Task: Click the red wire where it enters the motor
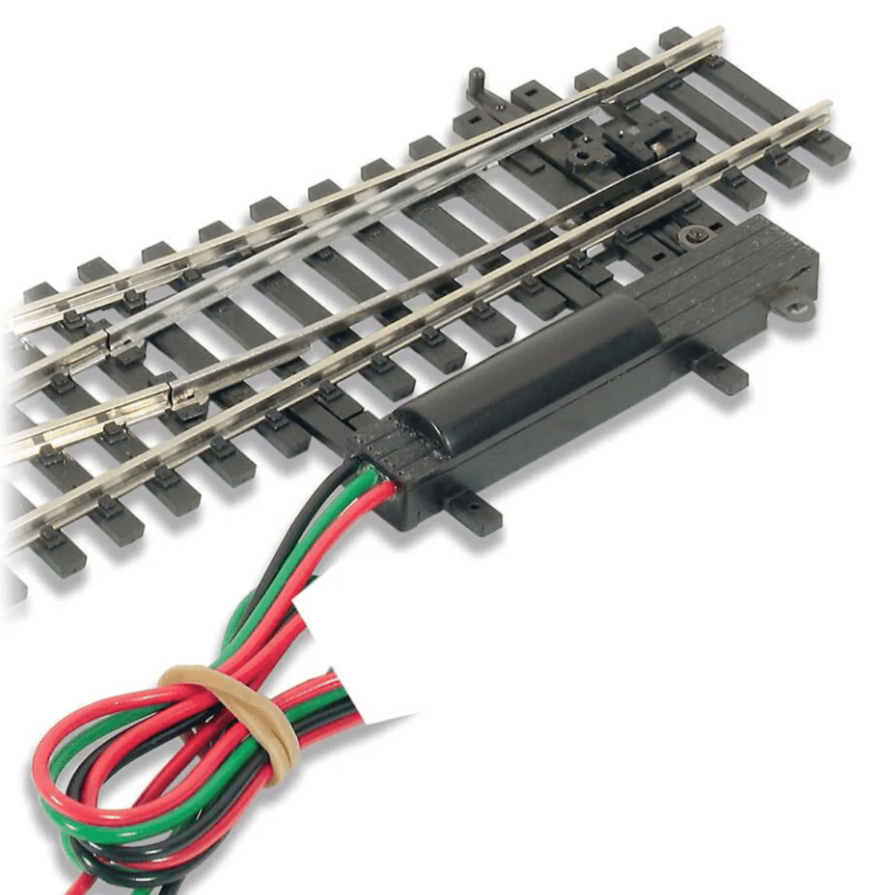tap(390, 489)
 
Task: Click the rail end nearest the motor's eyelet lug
tap(824, 108)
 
